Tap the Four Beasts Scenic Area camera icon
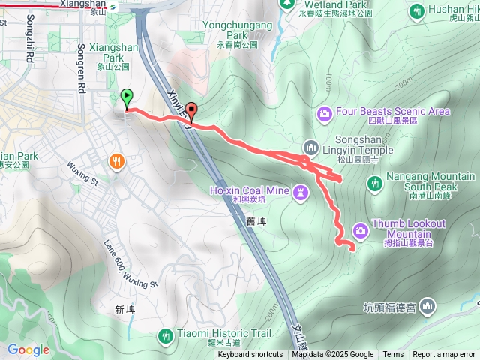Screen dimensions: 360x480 pos(325,112)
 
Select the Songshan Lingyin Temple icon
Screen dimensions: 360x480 pos(310,146)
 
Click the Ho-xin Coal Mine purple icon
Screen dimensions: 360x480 pos(301,193)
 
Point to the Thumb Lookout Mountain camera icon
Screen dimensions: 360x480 pos(360,229)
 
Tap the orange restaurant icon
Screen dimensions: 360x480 pos(117,160)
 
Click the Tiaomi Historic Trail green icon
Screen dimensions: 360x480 pos(166,334)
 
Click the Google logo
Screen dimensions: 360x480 pos(28,349)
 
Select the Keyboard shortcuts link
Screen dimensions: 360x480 pos(250,355)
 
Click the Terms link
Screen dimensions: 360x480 pos(393,355)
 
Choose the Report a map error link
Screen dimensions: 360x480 pos(444,355)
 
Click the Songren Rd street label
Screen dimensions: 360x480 pos(81,67)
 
